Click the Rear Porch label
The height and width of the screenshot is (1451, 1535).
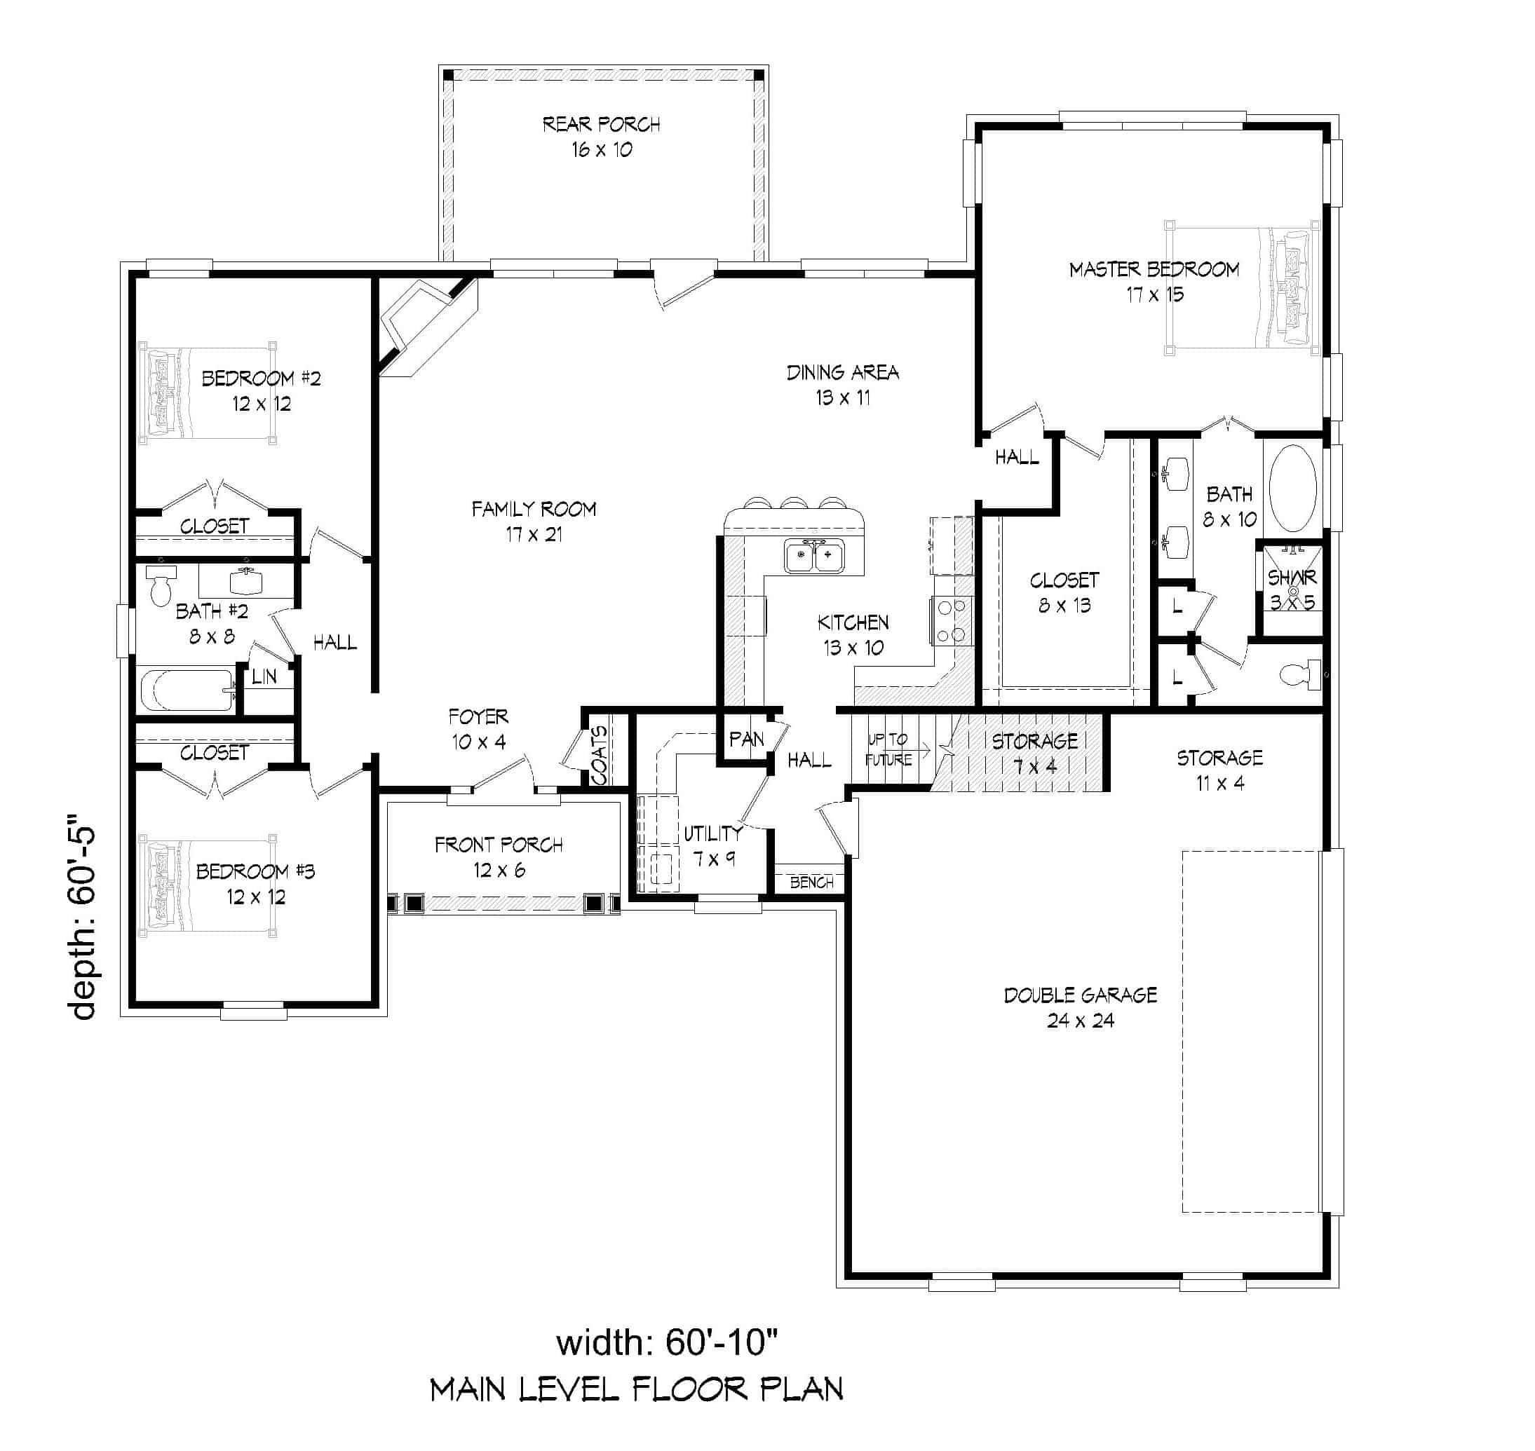(601, 125)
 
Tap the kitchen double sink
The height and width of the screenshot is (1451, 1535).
(814, 556)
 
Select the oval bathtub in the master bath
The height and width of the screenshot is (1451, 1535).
(1292, 488)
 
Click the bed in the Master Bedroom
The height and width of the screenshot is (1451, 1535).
(1241, 287)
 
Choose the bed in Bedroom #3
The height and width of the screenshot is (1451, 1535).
(207, 885)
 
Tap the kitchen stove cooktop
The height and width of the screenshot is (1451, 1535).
(952, 621)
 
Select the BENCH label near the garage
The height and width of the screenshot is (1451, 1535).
(811, 883)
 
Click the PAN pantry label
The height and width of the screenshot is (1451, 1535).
(746, 740)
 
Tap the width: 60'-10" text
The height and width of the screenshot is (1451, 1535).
(665, 1343)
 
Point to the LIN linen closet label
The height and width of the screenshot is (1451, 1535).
(264, 676)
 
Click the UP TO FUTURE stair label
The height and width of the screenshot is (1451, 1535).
(888, 749)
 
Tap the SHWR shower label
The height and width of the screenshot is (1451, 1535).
(1291, 578)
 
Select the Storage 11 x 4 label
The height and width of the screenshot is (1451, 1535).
(1219, 770)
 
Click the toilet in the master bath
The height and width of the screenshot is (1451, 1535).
(1301, 675)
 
